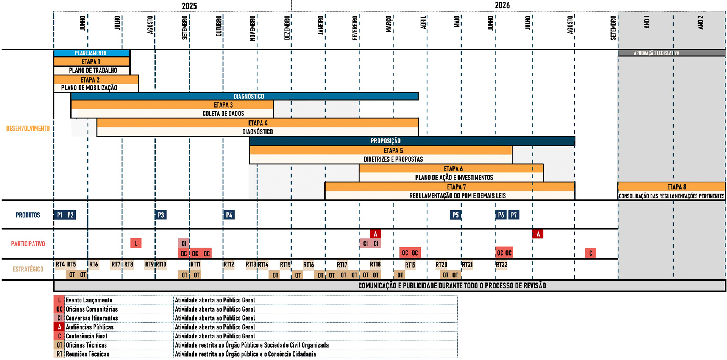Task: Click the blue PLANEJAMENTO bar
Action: [92, 53]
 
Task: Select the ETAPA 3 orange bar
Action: [172, 105]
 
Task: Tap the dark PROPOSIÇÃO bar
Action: [412, 141]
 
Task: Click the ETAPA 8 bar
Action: [672, 187]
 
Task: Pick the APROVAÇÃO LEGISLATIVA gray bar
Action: [672, 53]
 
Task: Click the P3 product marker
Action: [161, 215]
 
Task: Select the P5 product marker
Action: [456, 215]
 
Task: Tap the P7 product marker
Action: [513, 215]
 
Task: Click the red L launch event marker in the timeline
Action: [136, 243]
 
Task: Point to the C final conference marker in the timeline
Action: [590, 253]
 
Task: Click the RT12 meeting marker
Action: [229, 265]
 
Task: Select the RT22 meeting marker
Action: [502, 265]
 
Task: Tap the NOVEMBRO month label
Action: [253, 28]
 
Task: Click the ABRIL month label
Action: [423, 22]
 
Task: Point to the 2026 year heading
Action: [502, 5]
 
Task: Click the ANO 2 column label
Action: [700, 22]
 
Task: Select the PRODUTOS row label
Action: [28, 215]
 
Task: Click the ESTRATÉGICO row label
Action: [28, 269]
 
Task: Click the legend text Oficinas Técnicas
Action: [86, 345]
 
